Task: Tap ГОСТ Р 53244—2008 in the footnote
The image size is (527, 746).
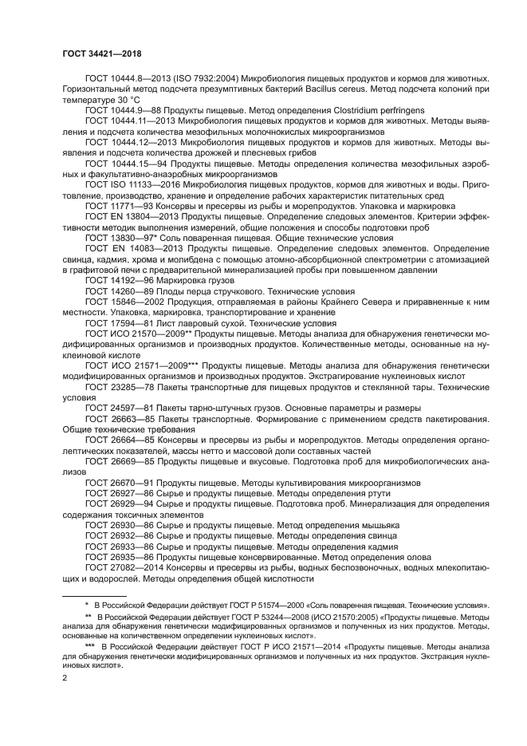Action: pyautogui.click(x=258, y=618)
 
